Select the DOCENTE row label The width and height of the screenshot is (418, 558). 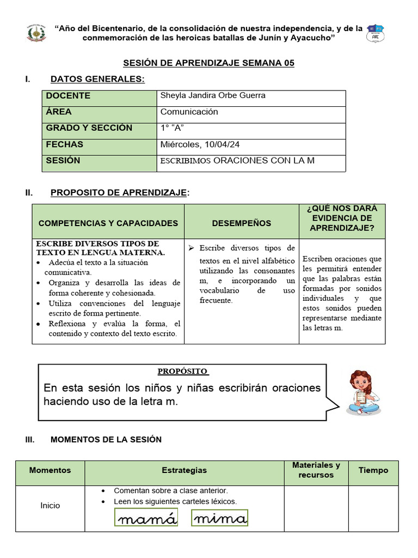68,96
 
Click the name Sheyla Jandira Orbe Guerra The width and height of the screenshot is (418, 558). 213,96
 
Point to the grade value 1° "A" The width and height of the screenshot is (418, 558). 172,128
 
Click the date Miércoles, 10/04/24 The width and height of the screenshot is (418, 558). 200,144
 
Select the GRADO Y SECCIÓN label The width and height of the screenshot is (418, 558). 89,128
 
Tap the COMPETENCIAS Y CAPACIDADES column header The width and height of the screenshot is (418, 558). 108,223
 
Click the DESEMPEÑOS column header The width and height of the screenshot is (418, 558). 241,223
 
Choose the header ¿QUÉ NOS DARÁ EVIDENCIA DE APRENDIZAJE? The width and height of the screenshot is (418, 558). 342,219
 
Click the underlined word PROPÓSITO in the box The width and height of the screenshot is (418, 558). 183,371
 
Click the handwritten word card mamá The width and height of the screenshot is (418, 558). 146,518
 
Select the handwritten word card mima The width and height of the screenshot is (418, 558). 220,518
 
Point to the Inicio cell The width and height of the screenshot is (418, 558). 50,506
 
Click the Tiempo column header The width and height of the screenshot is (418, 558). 373,470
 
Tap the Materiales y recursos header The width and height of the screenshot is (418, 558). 316,470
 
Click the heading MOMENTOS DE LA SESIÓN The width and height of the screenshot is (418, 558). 106,439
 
